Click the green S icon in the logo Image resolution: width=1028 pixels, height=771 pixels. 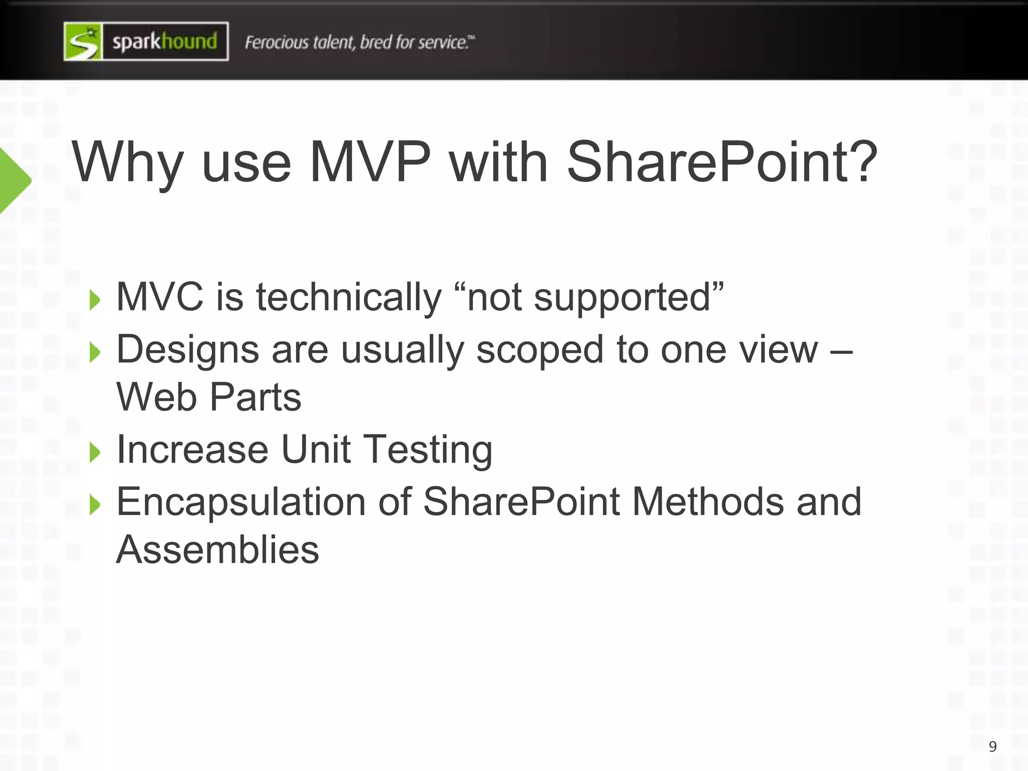pyautogui.click(x=83, y=42)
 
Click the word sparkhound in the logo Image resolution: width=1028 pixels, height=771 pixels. pyautogui.click(x=165, y=42)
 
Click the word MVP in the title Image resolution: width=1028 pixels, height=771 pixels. pyautogui.click(x=370, y=162)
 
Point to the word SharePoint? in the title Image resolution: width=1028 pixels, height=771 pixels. pyautogui.click(x=722, y=162)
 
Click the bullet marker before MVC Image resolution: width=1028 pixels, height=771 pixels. pyautogui.click(x=94, y=300)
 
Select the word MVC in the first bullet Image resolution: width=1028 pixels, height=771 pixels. pyautogui.click(x=160, y=297)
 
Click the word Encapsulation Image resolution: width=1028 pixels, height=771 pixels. pyautogui.click(x=241, y=502)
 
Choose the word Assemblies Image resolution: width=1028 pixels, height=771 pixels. pyautogui.click(x=217, y=550)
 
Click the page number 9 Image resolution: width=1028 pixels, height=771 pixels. pyautogui.click(x=992, y=746)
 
